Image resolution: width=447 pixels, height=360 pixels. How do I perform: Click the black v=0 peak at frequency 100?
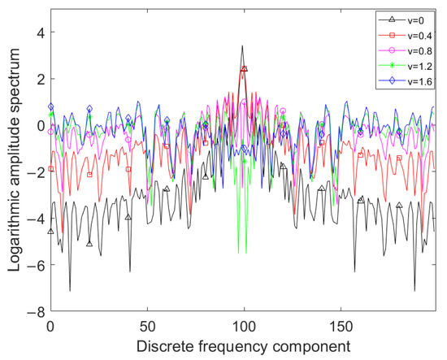(x=243, y=46)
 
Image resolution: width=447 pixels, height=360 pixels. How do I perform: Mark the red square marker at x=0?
(x=51, y=169)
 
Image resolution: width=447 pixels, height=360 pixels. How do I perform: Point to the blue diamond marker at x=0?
(x=51, y=106)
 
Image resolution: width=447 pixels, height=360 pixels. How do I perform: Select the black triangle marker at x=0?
(x=51, y=232)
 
